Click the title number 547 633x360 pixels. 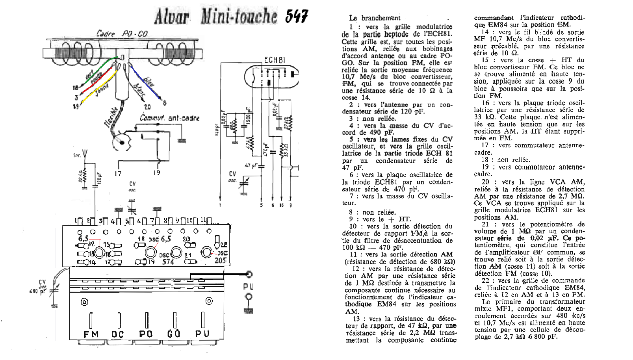pos(297,16)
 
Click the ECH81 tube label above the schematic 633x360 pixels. pos(275,60)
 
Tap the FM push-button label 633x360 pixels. pos(91,334)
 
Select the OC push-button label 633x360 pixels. pos(117,334)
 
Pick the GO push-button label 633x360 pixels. pos(174,334)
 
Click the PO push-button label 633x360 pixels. pos(146,334)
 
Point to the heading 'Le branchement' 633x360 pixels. pos(374,18)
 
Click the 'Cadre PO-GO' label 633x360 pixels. pos(122,34)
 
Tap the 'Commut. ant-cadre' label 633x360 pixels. pos(169,118)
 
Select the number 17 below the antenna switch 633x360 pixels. pos(118,173)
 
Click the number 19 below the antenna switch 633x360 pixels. pos(157,173)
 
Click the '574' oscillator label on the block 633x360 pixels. pos(168,262)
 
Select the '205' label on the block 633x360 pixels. pos(220,260)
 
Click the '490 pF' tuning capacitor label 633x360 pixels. pos(37,291)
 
